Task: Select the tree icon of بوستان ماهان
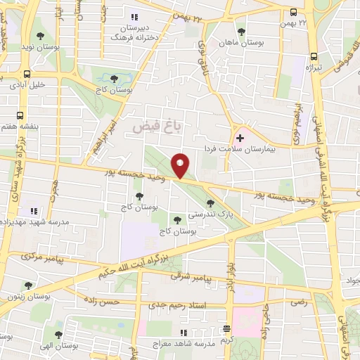(242, 31)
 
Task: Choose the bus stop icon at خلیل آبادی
(27, 73)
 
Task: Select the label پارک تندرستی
(206, 212)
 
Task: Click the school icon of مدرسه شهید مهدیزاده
(33, 211)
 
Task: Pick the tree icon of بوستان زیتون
(28, 285)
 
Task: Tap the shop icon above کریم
(226, 329)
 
